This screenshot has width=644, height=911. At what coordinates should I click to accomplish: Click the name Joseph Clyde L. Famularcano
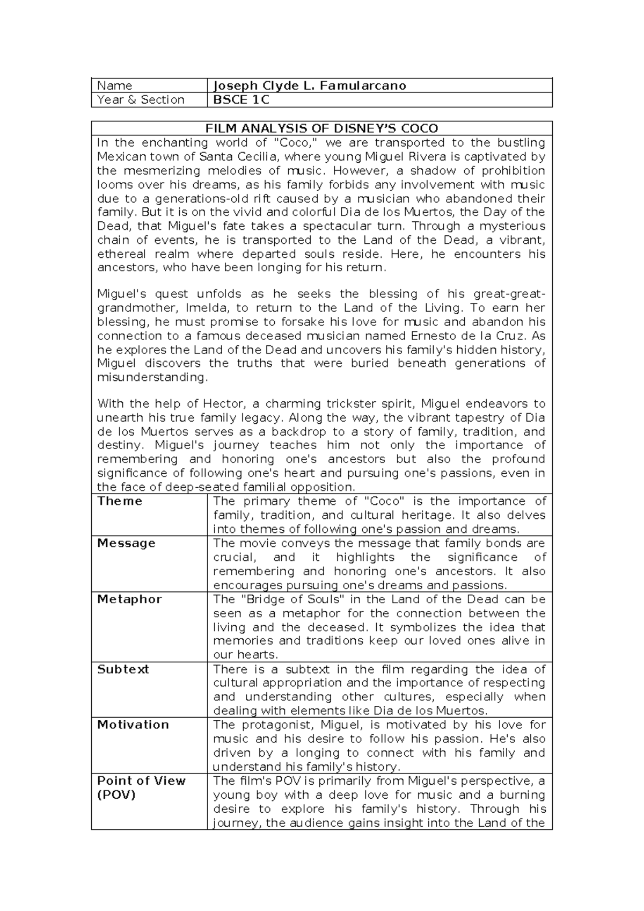tap(310, 85)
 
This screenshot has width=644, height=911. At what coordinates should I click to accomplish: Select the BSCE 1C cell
tap(241, 100)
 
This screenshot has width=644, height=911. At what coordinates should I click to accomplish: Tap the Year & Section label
tap(141, 100)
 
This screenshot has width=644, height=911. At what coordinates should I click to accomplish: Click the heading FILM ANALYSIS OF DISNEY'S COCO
tap(322, 128)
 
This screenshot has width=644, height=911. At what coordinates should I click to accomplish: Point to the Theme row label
tap(120, 501)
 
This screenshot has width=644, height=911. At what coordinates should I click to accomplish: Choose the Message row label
tap(126, 543)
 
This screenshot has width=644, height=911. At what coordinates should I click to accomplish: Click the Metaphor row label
tap(129, 599)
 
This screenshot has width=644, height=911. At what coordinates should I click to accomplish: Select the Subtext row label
tap(123, 669)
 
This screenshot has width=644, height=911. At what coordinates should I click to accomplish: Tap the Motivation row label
tap(133, 725)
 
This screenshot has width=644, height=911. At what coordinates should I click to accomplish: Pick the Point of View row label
tap(141, 781)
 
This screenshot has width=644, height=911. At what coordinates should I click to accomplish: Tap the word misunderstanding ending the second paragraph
tap(152, 378)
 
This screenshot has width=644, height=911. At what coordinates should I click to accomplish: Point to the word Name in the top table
tap(115, 85)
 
